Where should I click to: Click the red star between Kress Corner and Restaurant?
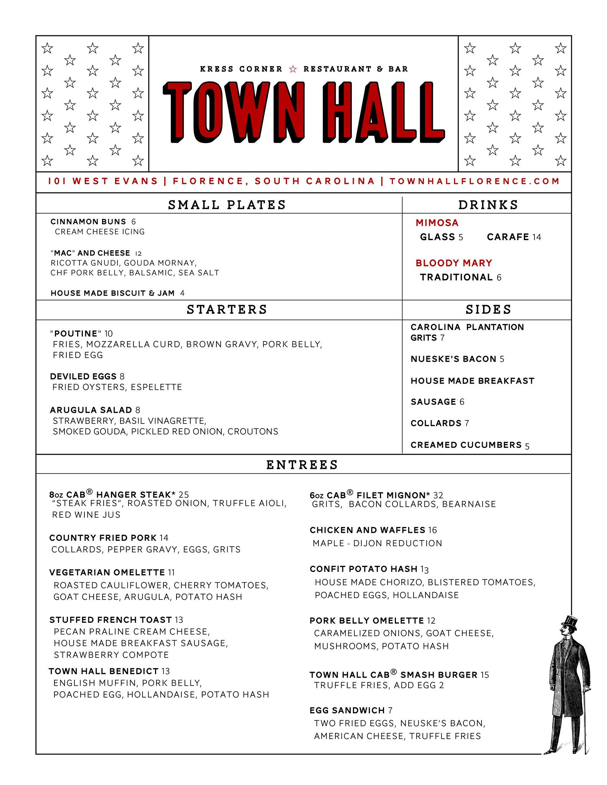(x=293, y=69)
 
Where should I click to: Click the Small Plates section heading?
(x=227, y=205)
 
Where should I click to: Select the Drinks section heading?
(x=488, y=205)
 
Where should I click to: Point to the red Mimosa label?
(x=437, y=223)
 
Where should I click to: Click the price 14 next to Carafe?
(x=537, y=237)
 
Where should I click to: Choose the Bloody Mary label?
(x=454, y=263)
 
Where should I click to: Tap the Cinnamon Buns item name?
(x=88, y=222)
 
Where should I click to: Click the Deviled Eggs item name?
(x=83, y=376)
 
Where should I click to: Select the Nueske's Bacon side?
(x=454, y=359)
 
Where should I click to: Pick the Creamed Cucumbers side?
(x=466, y=445)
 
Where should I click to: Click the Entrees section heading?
(x=302, y=465)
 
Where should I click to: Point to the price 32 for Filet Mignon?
(x=438, y=495)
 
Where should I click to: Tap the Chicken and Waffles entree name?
(x=368, y=530)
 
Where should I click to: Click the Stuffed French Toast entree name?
(x=111, y=620)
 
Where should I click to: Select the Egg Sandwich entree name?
(x=347, y=710)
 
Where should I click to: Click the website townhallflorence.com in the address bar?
(x=475, y=181)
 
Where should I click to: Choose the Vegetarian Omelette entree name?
(x=107, y=572)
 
